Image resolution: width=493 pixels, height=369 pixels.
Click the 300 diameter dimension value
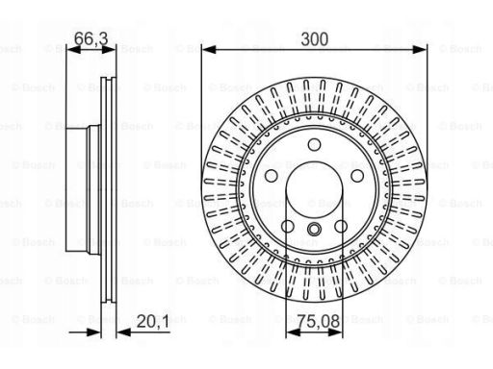tap(315, 39)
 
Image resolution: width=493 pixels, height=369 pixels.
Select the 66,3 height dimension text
tap(91, 39)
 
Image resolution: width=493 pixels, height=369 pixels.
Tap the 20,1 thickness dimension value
tap(153, 321)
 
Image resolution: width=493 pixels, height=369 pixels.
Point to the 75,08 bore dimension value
tap(319, 321)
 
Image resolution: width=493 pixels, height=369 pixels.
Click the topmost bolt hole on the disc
tap(314, 144)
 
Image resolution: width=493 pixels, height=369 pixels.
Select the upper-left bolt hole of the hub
tap(272, 176)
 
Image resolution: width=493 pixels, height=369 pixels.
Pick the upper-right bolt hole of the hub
tap(357, 176)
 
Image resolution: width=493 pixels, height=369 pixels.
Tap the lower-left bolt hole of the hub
tap(288, 226)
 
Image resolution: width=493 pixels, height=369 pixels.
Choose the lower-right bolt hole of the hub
tap(341, 226)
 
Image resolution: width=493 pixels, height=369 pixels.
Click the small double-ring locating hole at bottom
tap(314, 229)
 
